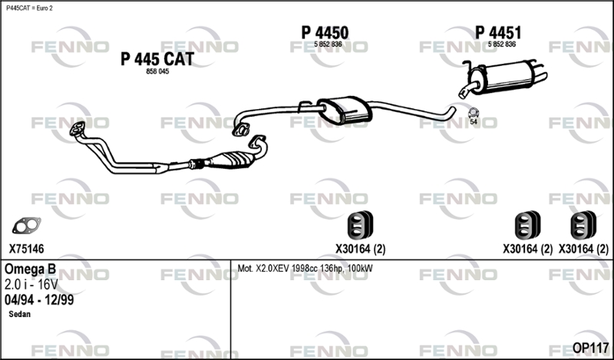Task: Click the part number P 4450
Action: (x=325, y=33)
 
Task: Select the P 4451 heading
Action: (x=498, y=33)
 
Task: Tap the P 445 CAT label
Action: (x=157, y=59)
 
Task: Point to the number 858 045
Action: (x=157, y=71)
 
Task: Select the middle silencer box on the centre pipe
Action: (x=345, y=110)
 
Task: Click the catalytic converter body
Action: (x=230, y=160)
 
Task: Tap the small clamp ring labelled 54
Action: (x=474, y=112)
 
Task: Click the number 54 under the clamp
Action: (x=474, y=122)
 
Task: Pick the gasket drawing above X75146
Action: (x=27, y=226)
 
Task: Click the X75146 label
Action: (x=27, y=249)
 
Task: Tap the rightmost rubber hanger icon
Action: (x=583, y=225)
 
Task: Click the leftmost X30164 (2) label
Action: (x=360, y=249)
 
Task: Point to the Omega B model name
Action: (x=30, y=269)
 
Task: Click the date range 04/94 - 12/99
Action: (x=39, y=300)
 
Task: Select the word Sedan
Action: (x=20, y=314)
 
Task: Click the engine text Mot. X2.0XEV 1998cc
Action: (x=279, y=269)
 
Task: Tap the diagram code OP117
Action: (x=590, y=348)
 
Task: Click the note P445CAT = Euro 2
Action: (x=29, y=8)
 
